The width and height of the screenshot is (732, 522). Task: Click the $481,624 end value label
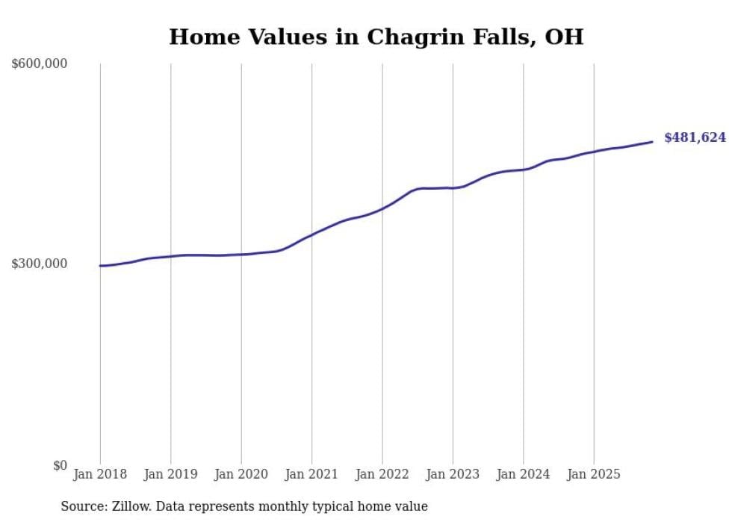pyautogui.click(x=695, y=137)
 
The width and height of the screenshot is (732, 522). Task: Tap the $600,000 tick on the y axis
pyautogui.click(x=40, y=64)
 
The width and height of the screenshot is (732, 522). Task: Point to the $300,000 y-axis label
pyautogui.click(x=40, y=264)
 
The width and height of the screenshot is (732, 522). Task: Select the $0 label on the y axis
pyautogui.click(x=60, y=465)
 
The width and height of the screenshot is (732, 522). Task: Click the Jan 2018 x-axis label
pyautogui.click(x=100, y=474)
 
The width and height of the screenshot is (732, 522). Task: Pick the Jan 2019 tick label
pyautogui.click(x=170, y=474)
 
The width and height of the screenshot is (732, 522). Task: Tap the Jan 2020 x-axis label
pyautogui.click(x=241, y=474)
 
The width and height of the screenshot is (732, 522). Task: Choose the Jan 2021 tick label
pyautogui.click(x=311, y=474)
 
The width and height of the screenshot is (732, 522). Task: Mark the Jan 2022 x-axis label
pyautogui.click(x=382, y=474)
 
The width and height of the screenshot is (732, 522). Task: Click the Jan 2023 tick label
pyautogui.click(x=453, y=474)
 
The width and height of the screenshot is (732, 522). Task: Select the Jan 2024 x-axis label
pyautogui.click(x=524, y=474)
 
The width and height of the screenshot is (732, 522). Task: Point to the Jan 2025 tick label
pyautogui.click(x=594, y=474)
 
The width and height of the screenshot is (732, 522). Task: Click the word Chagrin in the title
pyautogui.click(x=412, y=37)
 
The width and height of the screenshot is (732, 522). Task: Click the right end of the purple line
pyautogui.click(x=652, y=142)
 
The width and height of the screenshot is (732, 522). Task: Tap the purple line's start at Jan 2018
pyautogui.click(x=100, y=266)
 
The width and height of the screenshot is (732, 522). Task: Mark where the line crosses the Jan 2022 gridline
pyautogui.click(x=382, y=208)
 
